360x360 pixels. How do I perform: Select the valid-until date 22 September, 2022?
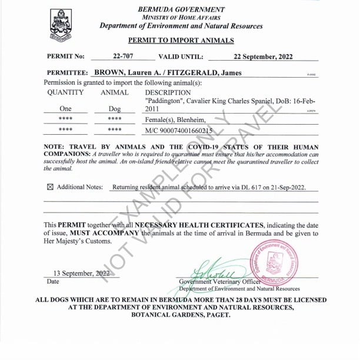click(x=263, y=57)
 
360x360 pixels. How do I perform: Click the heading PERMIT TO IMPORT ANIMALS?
click(x=181, y=41)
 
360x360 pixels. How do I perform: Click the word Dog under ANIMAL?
click(x=115, y=109)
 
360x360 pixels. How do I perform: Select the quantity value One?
click(x=65, y=109)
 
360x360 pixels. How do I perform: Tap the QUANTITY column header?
click(x=65, y=92)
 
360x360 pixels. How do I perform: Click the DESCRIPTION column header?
click(x=168, y=92)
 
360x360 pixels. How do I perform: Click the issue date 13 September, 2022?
click(x=81, y=273)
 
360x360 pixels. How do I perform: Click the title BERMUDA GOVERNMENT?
click(x=181, y=9)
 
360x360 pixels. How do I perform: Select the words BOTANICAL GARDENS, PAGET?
click(x=181, y=315)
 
